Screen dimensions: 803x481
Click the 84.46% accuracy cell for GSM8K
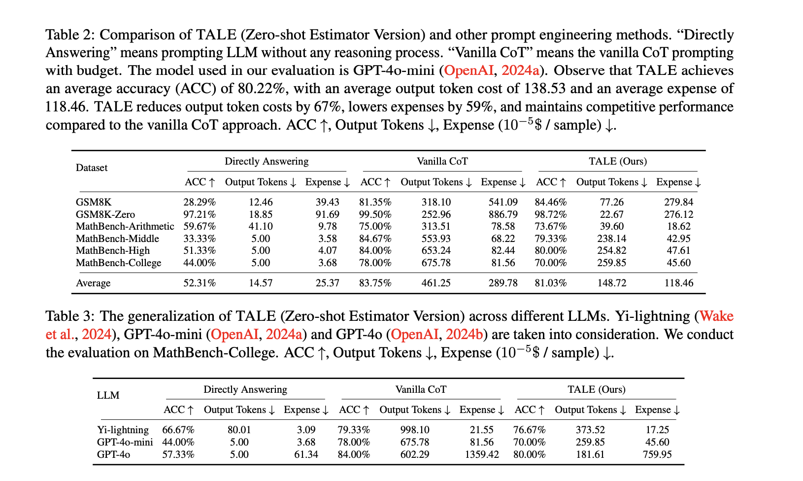(551, 202)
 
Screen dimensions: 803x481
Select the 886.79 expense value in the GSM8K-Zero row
(503, 214)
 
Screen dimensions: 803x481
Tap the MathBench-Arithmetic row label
(125, 226)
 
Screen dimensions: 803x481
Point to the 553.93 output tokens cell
(436, 239)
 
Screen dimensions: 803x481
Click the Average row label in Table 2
(93, 283)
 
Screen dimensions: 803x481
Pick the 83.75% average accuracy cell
(375, 283)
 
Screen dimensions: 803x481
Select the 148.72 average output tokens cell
(611, 283)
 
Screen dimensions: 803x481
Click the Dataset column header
(92, 168)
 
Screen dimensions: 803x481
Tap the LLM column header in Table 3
(108, 395)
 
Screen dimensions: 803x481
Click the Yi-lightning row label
(123, 430)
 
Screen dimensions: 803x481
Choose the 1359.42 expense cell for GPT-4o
(482, 454)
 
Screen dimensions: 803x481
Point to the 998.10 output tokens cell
(415, 430)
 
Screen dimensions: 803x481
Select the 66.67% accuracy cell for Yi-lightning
(178, 430)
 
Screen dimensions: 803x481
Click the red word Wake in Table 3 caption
(716, 316)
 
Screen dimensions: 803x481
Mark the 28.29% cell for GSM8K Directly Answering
(200, 202)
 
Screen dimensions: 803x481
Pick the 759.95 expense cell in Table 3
(657, 454)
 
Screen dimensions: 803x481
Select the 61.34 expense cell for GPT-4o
(306, 454)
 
